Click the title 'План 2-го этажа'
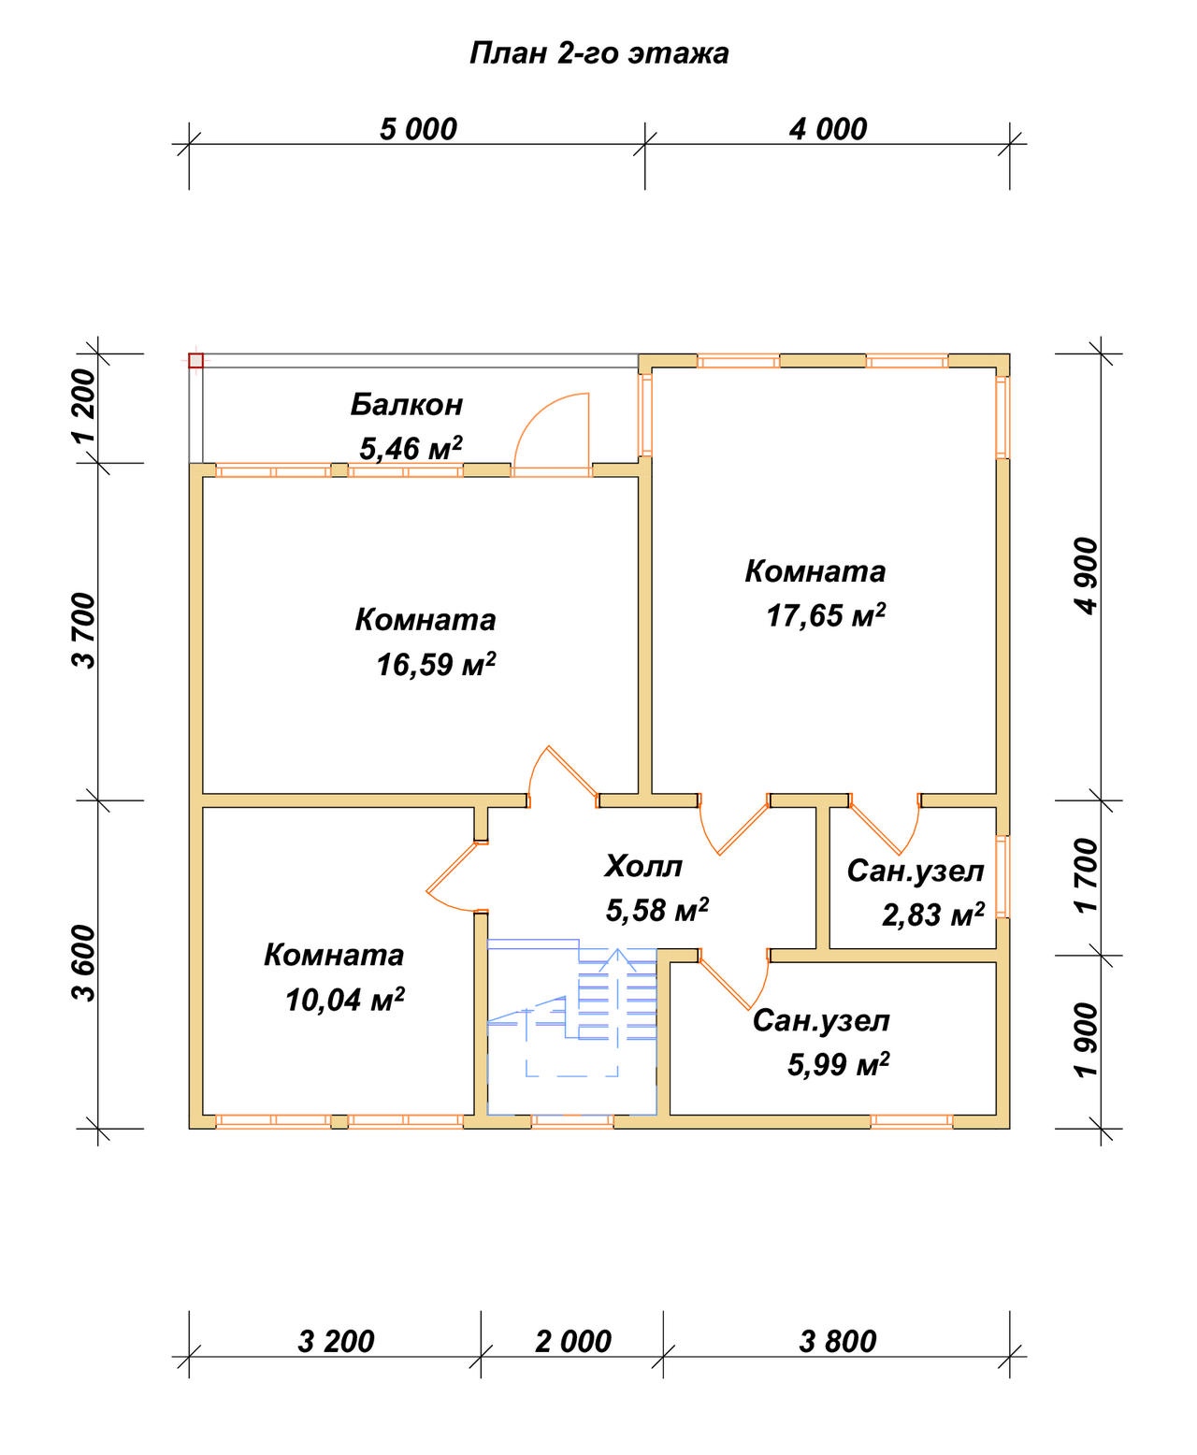click(x=598, y=54)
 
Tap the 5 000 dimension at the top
click(x=418, y=130)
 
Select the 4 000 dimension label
click(x=828, y=130)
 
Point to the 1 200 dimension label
click(x=84, y=407)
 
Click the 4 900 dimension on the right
click(x=1085, y=576)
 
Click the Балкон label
click(x=407, y=405)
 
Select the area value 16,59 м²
click(x=436, y=664)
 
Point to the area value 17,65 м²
click(x=826, y=615)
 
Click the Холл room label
click(x=643, y=867)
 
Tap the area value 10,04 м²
click(x=344, y=1000)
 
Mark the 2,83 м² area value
click(x=933, y=915)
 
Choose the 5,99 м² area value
click(x=838, y=1064)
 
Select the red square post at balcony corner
click(x=196, y=360)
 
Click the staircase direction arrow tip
click(x=617, y=949)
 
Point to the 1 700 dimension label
click(x=1085, y=875)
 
